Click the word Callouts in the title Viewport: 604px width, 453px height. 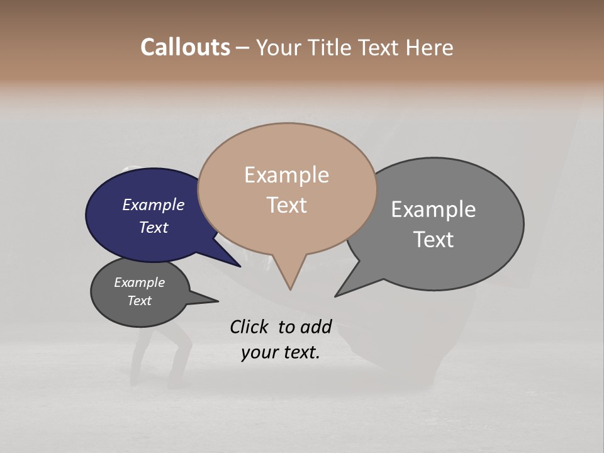pos(186,47)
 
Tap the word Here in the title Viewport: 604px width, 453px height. pos(428,48)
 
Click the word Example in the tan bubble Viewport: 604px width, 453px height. pos(286,175)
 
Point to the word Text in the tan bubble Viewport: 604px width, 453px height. pos(286,205)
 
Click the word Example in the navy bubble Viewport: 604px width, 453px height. pos(153,204)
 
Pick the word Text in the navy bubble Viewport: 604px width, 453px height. pos(153,227)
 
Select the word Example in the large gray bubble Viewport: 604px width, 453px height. pos(433,210)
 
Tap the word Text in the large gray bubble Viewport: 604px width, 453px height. pos(433,240)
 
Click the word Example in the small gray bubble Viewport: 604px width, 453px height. pos(139,282)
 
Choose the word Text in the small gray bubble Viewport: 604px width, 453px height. pos(139,301)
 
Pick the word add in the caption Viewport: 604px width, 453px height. pos(316,327)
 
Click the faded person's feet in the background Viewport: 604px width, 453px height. pos(157,381)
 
